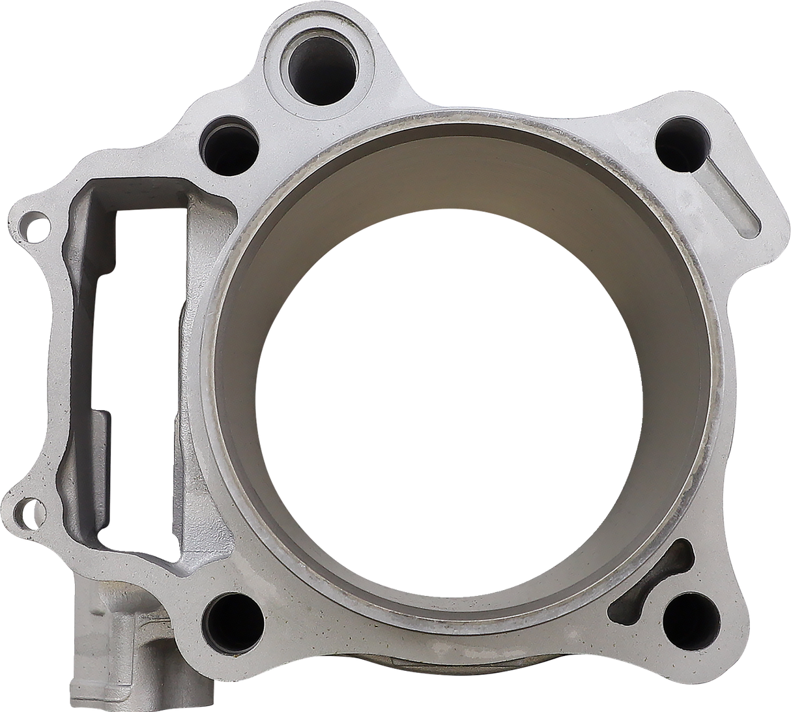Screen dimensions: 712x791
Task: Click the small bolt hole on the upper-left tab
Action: tap(27, 228)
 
